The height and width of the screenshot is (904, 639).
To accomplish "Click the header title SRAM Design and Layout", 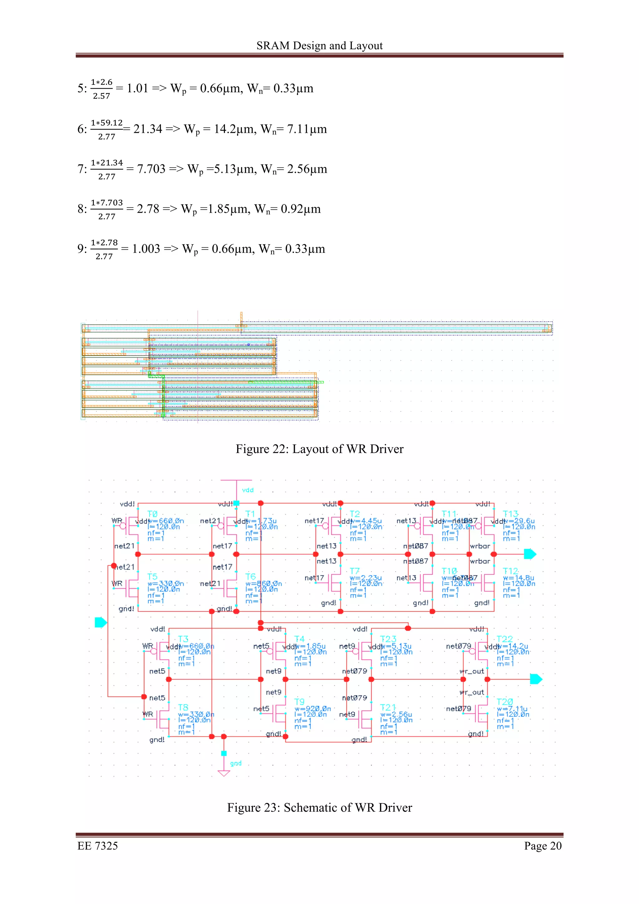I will click(319, 46).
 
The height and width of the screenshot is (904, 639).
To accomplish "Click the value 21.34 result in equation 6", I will click(148, 129).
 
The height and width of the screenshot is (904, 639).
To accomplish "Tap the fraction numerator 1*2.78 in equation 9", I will click(104, 243).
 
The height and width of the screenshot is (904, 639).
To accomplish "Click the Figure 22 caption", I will click(319, 449).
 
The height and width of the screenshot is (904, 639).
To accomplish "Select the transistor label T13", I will click(511, 514).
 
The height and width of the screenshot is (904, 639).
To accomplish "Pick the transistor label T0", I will click(152, 514).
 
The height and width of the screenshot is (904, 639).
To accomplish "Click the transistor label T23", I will click(388, 639).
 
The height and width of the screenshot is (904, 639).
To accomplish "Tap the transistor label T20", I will click(505, 702).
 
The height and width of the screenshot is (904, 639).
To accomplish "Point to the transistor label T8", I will click(183, 707).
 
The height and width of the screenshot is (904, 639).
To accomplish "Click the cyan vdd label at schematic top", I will click(248, 490).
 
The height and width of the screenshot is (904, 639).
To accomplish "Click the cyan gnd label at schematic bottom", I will click(236, 763).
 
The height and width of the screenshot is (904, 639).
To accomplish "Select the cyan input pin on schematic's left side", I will click(101, 623).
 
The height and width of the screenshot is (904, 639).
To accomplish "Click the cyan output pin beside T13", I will click(530, 554).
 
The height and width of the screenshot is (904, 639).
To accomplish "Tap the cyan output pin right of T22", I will click(536, 679).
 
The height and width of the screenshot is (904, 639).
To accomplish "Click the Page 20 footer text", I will click(543, 846).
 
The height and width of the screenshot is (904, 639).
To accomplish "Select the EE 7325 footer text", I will click(98, 846).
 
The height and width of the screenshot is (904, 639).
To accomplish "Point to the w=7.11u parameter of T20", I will click(512, 709).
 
